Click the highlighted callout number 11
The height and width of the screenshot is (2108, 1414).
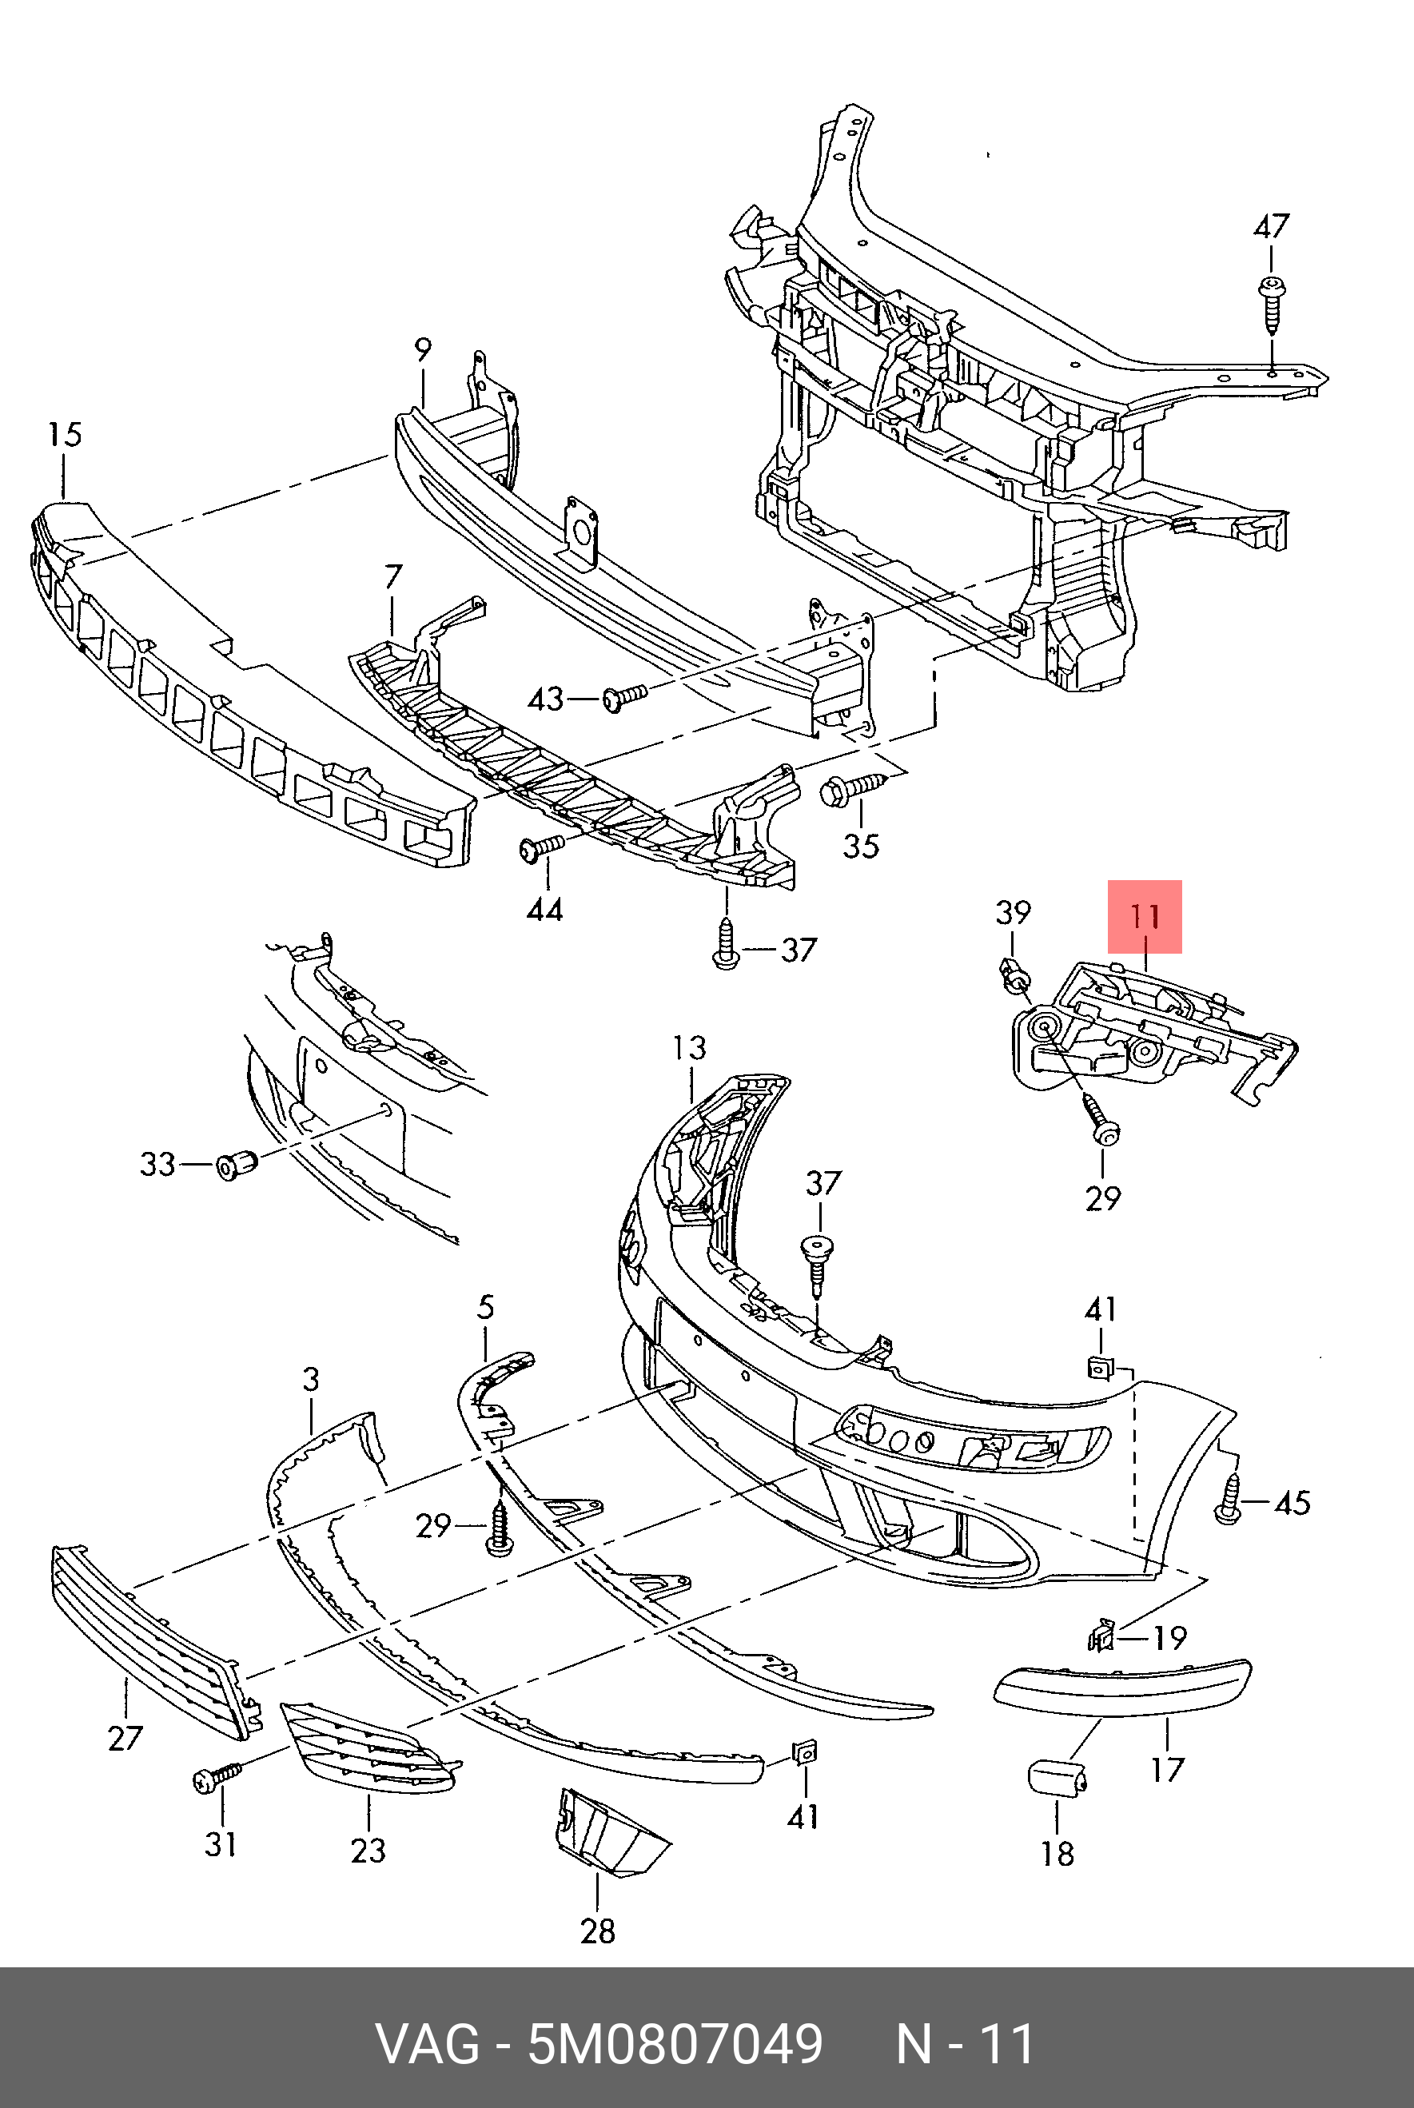tap(1145, 917)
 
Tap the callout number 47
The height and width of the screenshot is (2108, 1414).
tap(1271, 226)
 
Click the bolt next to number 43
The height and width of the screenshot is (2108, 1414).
tap(624, 697)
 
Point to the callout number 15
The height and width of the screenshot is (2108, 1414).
tap(65, 435)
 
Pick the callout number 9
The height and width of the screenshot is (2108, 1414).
tap(423, 350)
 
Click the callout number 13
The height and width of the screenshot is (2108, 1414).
tap(689, 1048)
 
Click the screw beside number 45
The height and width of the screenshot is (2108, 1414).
tap(1229, 1501)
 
